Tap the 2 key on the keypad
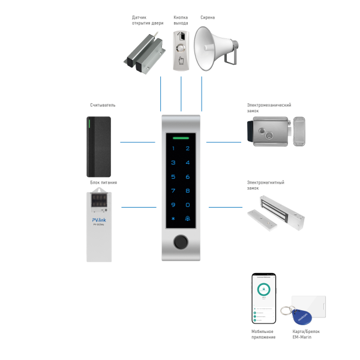[x=188, y=149]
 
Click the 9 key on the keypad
[x=173, y=205]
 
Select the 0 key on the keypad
[x=188, y=205]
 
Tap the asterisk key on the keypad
[x=173, y=219]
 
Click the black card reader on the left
[x=98, y=142]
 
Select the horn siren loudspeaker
[x=217, y=47]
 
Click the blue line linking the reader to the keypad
[x=138, y=142]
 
